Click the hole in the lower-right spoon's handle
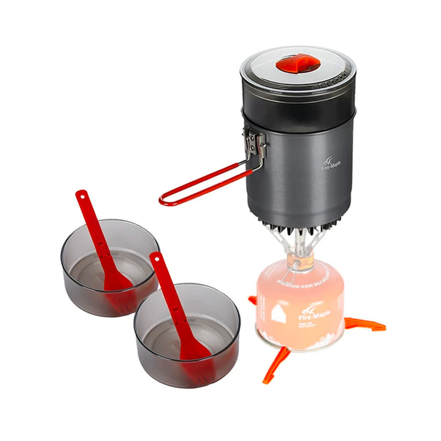[x=157, y=257]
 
